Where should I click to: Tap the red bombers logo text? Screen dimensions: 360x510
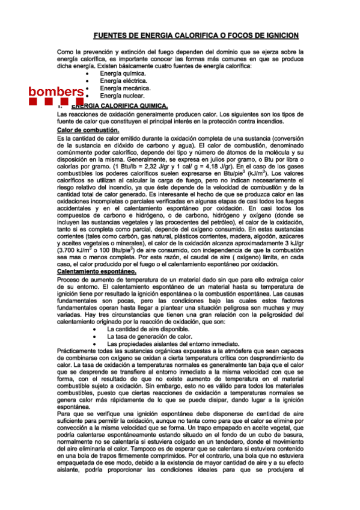click(56, 91)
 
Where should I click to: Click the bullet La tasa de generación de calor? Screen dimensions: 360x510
click(150, 337)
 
